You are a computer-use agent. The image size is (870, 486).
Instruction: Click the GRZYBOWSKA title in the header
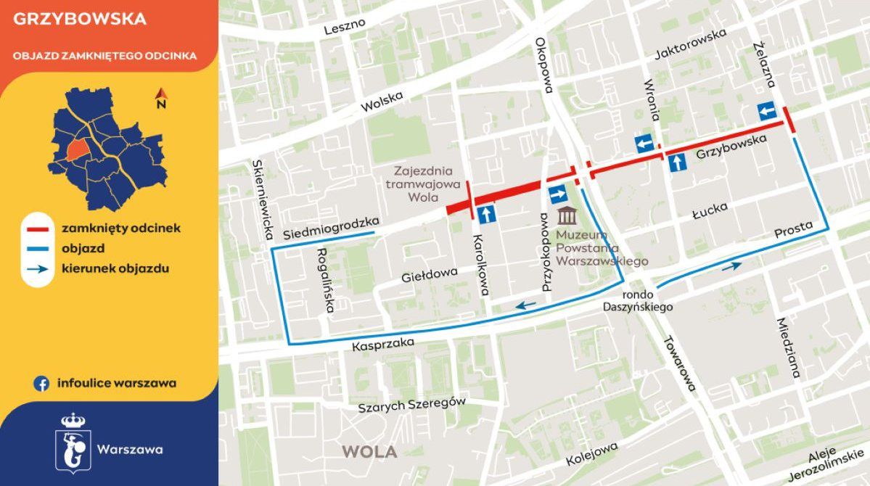(x=80, y=20)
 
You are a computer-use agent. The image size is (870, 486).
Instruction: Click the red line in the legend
(x=36, y=228)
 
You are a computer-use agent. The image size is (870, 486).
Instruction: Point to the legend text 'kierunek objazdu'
(x=116, y=268)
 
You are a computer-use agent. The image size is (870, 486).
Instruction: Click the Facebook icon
(x=41, y=384)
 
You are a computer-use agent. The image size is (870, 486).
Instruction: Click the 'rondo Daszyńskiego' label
(x=638, y=301)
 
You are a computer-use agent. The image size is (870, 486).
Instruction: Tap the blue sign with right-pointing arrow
(x=558, y=194)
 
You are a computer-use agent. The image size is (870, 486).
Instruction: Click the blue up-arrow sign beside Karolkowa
(x=487, y=213)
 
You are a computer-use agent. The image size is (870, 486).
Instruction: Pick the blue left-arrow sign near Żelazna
(x=766, y=112)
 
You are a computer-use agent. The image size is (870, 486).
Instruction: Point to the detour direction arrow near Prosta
(x=731, y=266)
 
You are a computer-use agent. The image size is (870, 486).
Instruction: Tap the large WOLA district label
(x=369, y=452)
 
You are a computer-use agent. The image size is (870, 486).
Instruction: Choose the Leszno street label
(x=345, y=27)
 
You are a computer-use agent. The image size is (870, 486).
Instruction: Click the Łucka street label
(x=709, y=210)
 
